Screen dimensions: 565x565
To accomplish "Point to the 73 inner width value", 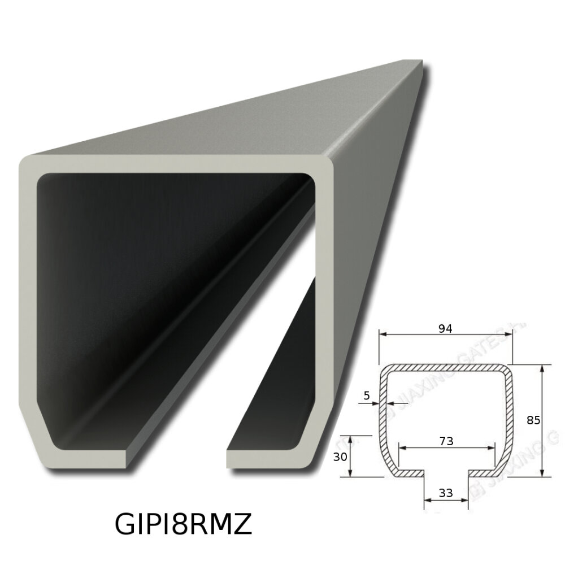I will (x=446, y=441).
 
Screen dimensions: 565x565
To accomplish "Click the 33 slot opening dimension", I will (x=446, y=493).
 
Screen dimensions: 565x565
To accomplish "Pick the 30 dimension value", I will (x=340, y=457).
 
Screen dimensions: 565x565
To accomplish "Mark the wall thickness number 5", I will (x=367, y=395).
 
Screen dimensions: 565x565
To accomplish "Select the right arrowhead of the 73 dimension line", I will (x=494, y=447).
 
